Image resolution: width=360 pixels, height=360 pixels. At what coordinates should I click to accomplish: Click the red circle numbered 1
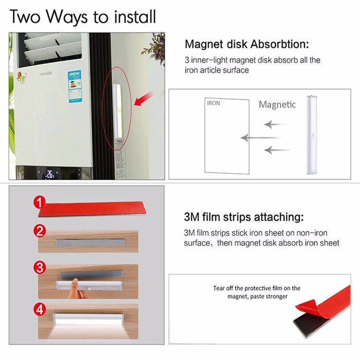pyautogui.click(x=39, y=203)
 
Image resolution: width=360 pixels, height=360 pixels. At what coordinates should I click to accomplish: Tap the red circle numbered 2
pyautogui.click(x=40, y=231)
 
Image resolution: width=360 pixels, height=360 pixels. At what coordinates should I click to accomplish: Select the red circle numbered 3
pyautogui.click(x=40, y=267)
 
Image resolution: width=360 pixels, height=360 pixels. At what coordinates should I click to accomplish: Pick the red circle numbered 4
pyautogui.click(x=40, y=309)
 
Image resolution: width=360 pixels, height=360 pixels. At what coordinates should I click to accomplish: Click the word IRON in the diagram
pyautogui.click(x=213, y=103)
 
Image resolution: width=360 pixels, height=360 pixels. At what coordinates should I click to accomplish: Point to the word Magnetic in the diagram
pyautogui.click(x=277, y=105)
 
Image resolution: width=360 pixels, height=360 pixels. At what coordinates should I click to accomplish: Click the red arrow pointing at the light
pyautogui.click(x=144, y=99)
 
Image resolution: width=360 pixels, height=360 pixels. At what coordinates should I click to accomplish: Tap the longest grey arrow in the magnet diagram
pyautogui.click(x=260, y=138)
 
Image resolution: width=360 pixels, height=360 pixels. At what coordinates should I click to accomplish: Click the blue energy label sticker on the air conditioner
pyautogui.click(x=75, y=86)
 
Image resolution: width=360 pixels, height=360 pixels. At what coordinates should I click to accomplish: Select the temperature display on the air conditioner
pyautogui.click(x=50, y=174)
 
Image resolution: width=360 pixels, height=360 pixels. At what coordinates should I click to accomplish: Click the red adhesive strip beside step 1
pyautogui.click(x=92, y=209)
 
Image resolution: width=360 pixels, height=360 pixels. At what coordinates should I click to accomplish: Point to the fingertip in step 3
pyautogui.click(x=75, y=281)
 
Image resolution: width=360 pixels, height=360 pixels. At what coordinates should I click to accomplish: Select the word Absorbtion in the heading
pyautogui.click(x=279, y=44)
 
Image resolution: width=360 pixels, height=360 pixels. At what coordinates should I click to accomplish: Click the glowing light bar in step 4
pyautogui.click(x=88, y=319)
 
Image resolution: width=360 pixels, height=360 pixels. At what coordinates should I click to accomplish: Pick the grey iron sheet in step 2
pyautogui.click(x=91, y=243)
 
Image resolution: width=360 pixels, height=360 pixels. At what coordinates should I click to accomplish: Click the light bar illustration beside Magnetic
pyautogui.click(x=312, y=135)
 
